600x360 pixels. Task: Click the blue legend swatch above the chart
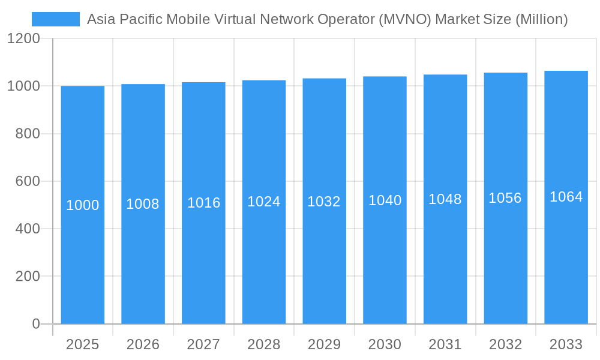coord(55,19)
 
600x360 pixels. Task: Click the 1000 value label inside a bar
coord(83,205)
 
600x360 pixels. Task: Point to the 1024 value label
coord(264,202)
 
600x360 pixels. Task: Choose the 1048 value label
coord(445,199)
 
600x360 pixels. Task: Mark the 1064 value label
coord(566,197)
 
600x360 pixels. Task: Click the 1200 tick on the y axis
coord(23,39)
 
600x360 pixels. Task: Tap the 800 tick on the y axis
coord(28,134)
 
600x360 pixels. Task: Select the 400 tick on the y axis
coord(28,229)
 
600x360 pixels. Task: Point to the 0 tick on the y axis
coord(35,324)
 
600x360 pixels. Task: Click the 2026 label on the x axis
coord(143,344)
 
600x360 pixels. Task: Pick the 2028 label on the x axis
coord(264,344)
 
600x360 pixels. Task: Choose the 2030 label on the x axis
coord(385,344)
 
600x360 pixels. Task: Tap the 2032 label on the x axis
coord(505,344)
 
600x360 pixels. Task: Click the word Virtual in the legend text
coord(235,19)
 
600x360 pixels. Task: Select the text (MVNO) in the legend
coord(405,19)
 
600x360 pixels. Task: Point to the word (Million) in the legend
coord(542,19)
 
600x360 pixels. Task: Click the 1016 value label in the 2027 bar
coord(203,203)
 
